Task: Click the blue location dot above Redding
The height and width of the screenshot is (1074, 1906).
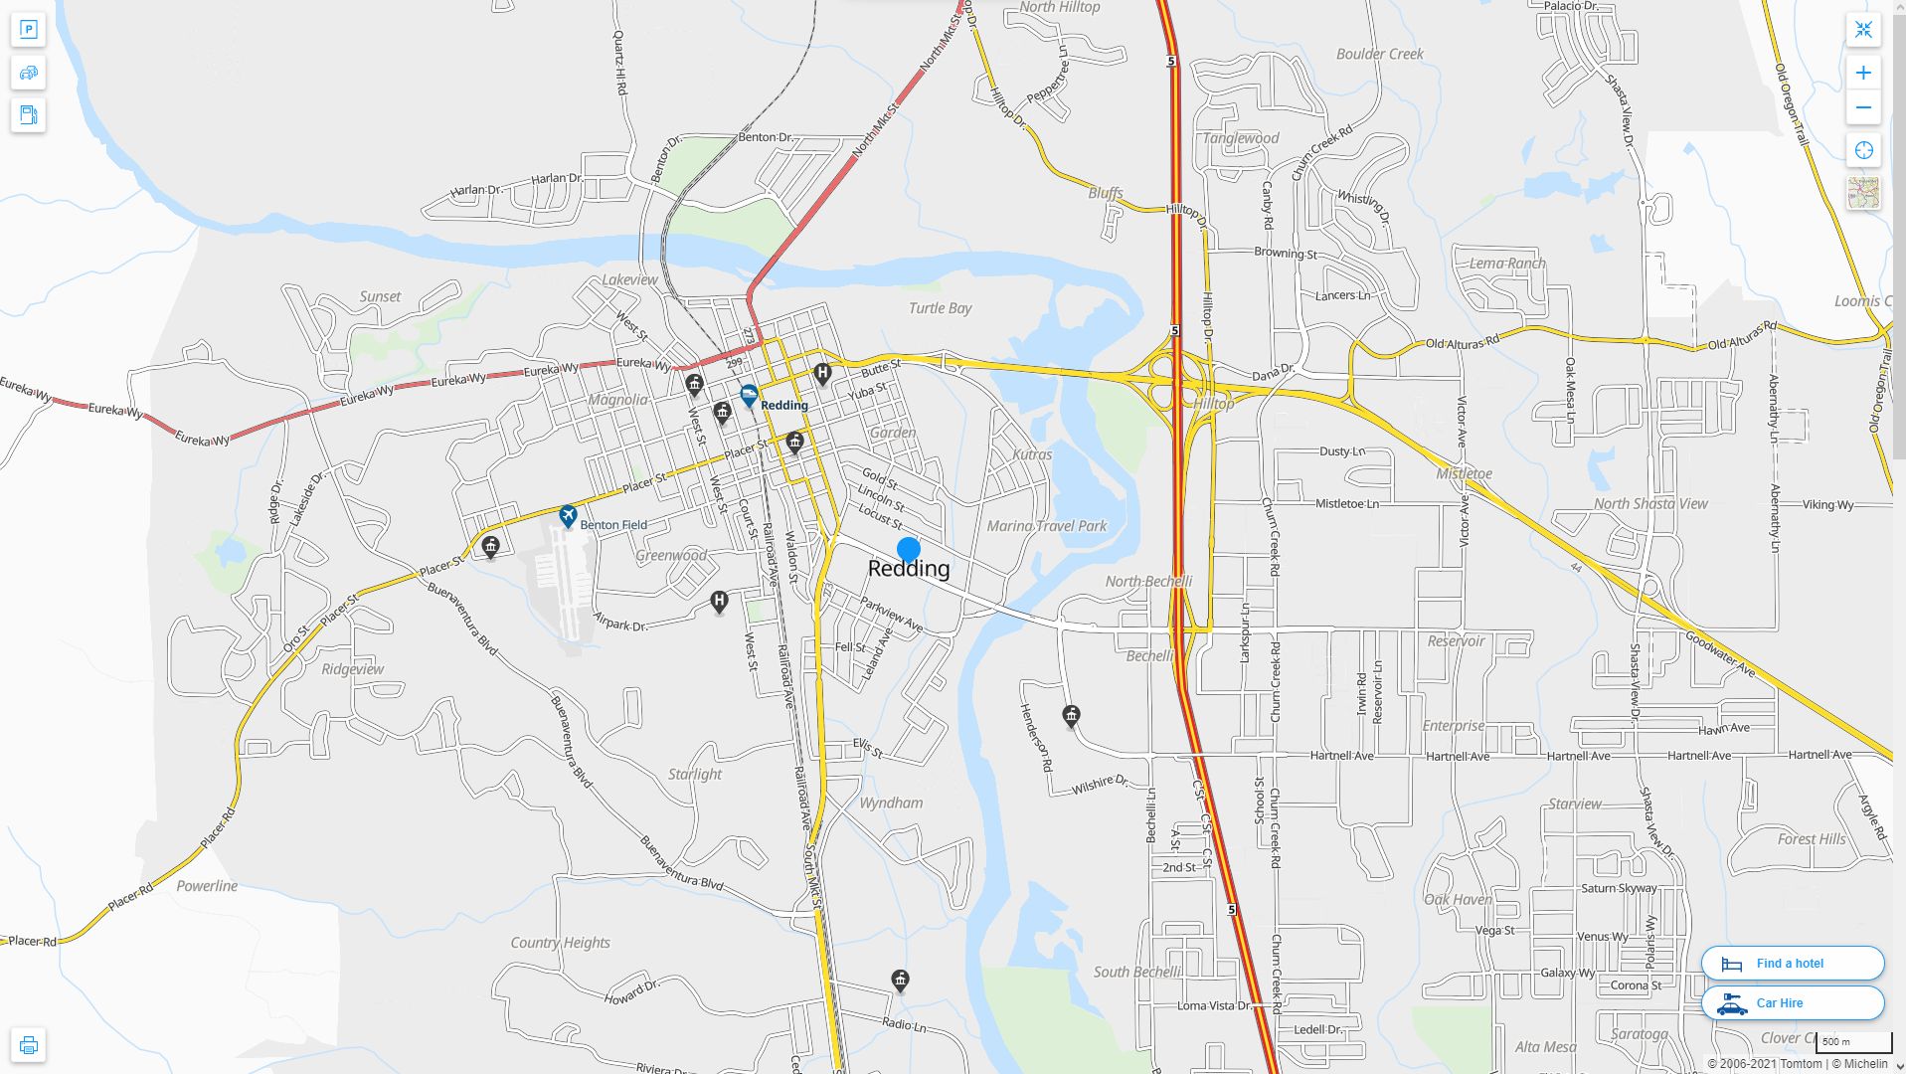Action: (x=908, y=549)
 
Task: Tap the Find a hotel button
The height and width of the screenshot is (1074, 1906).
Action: (x=1792, y=964)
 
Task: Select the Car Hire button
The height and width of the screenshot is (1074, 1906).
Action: (x=1792, y=1003)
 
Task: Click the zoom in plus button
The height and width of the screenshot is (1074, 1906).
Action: (x=1863, y=73)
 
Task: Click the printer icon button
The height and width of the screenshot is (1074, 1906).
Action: (x=28, y=1045)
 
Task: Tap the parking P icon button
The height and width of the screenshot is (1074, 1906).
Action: (x=28, y=29)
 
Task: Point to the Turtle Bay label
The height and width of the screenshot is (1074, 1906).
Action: (x=940, y=308)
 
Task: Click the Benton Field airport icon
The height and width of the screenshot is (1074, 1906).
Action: (x=568, y=516)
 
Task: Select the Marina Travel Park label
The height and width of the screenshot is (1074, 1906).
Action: (x=1046, y=526)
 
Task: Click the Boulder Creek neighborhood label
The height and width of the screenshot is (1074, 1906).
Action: (x=1379, y=54)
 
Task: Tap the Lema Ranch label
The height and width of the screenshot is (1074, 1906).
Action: (x=1507, y=264)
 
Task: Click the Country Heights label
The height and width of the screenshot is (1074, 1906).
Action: (x=560, y=943)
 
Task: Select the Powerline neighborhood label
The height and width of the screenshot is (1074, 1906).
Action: (x=207, y=886)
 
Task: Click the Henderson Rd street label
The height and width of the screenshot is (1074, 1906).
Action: (x=1035, y=738)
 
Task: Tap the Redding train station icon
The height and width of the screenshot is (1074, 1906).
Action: (x=749, y=397)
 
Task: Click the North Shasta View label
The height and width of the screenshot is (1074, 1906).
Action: (x=1650, y=504)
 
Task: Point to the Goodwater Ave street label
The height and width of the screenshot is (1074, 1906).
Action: (x=1720, y=654)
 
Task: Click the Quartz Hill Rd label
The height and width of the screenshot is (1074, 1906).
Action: (x=619, y=62)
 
